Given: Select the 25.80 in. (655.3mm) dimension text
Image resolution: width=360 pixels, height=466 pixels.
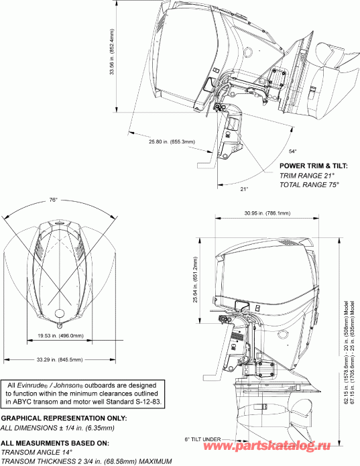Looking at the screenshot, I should pyautogui.click(x=172, y=141).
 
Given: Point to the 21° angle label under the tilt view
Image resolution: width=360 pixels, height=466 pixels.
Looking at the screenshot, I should pyautogui.click(x=245, y=189).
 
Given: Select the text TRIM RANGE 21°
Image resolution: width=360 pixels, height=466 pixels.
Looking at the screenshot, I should pyautogui.click(x=306, y=174).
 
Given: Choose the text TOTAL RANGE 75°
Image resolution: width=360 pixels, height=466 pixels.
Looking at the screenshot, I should pyautogui.click(x=309, y=183).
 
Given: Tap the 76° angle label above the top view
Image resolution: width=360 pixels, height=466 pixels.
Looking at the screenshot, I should pyautogui.click(x=54, y=200).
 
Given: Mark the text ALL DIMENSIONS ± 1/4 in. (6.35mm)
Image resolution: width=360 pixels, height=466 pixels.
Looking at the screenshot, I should pyautogui.click(x=56, y=426).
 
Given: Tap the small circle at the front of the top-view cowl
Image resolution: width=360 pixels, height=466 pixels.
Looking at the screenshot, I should pyautogui.click(x=59, y=313).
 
